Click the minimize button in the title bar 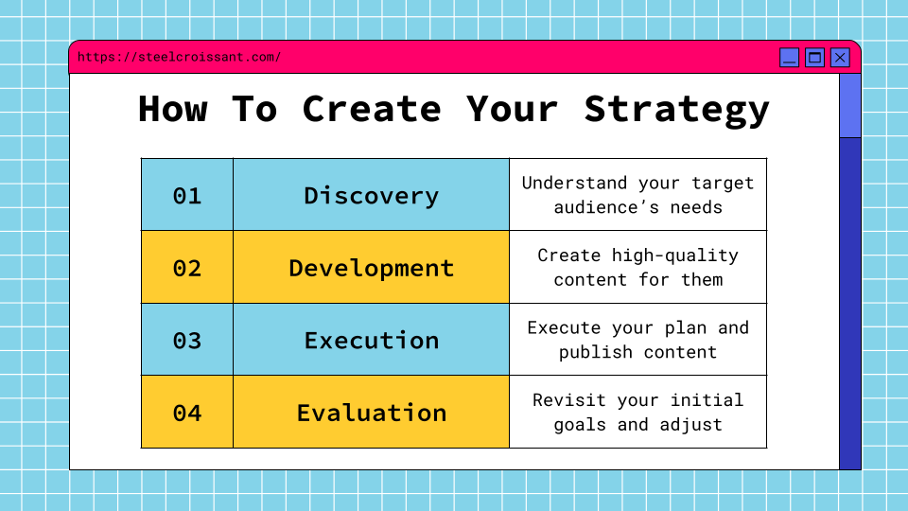(789, 58)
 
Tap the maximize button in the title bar (814, 58)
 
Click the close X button (840, 58)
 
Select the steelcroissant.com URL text (179, 57)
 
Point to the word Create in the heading (371, 108)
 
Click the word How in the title (172, 108)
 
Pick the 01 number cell (187, 195)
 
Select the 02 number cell (187, 267)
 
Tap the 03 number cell (187, 340)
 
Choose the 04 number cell (187, 412)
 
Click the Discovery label (371, 196)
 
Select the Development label (371, 269)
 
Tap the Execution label (371, 340)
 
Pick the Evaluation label (371, 413)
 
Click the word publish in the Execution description (596, 352)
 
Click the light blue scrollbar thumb (850, 106)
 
